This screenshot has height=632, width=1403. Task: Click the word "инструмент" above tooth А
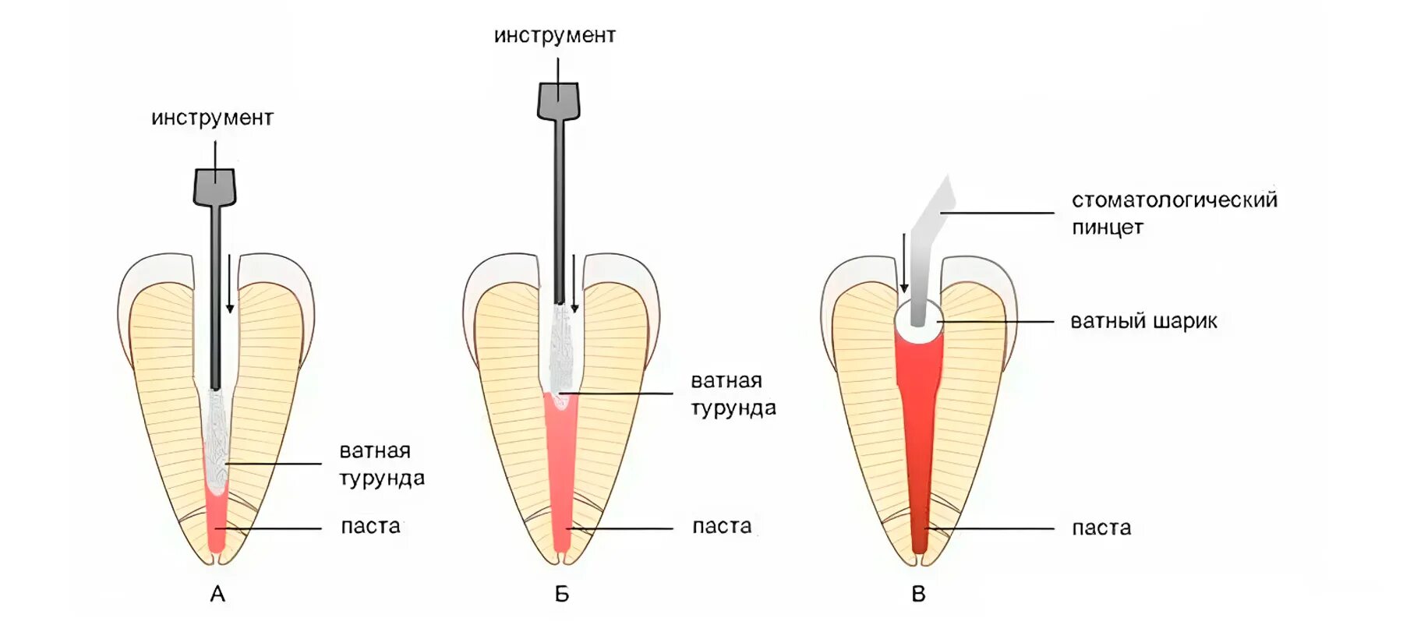tap(212, 118)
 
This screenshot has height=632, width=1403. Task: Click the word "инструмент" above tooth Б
tap(554, 36)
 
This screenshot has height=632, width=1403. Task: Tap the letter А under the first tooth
tap(217, 595)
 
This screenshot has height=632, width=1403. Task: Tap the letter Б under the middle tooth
tap(561, 595)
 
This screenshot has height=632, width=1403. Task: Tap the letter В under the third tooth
tap(918, 595)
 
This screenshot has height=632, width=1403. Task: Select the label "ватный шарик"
tap(1143, 321)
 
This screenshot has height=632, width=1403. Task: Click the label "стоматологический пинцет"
tap(1173, 213)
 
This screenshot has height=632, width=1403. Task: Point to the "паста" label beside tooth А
tap(370, 527)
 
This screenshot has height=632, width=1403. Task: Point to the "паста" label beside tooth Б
tap(722, 527)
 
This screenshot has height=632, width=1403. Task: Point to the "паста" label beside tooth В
tap(1101, 528)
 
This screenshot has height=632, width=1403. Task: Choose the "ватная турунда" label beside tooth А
tap(381, 464)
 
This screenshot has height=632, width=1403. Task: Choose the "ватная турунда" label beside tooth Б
tap(733, 394)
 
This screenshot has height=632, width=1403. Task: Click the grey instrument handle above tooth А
tap(214, 187)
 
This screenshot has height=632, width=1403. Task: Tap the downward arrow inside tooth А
tap(230, 284)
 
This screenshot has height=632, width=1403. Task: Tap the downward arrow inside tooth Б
tap(574, 284)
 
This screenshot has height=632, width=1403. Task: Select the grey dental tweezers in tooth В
tap(928, 249)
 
